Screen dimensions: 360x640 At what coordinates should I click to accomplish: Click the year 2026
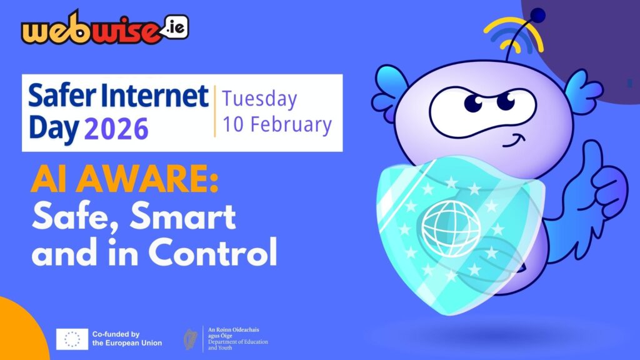[116, 128]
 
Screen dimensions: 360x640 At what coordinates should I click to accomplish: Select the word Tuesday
[260, 99]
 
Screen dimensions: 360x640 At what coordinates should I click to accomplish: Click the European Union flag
[72, 339]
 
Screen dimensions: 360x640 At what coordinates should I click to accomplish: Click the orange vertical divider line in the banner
[214, 111]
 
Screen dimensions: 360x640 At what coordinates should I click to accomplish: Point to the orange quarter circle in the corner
[19, 334]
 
